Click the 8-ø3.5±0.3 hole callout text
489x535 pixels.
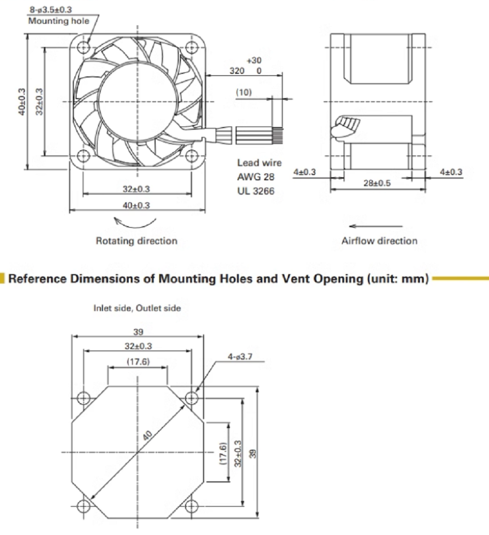tap(51, 9)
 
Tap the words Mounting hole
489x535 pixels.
tap(58, 21)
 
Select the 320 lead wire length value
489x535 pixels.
tap(237, 71)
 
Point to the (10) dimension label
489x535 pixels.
tap(243, 92)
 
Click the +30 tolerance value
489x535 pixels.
tap(254, 60)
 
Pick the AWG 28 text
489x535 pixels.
tap(256, 177)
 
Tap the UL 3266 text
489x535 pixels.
tap(256, 191)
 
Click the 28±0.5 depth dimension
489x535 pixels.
tap(377, 183)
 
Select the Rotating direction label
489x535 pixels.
tap(136, 241)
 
